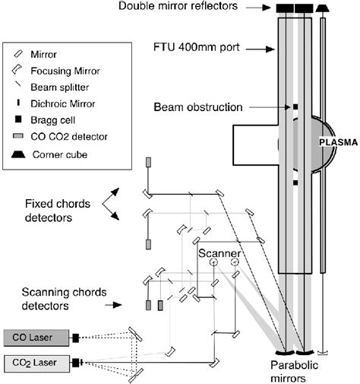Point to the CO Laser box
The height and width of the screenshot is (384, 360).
point(36,335)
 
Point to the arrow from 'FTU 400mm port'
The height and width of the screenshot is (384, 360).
point(259,51)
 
